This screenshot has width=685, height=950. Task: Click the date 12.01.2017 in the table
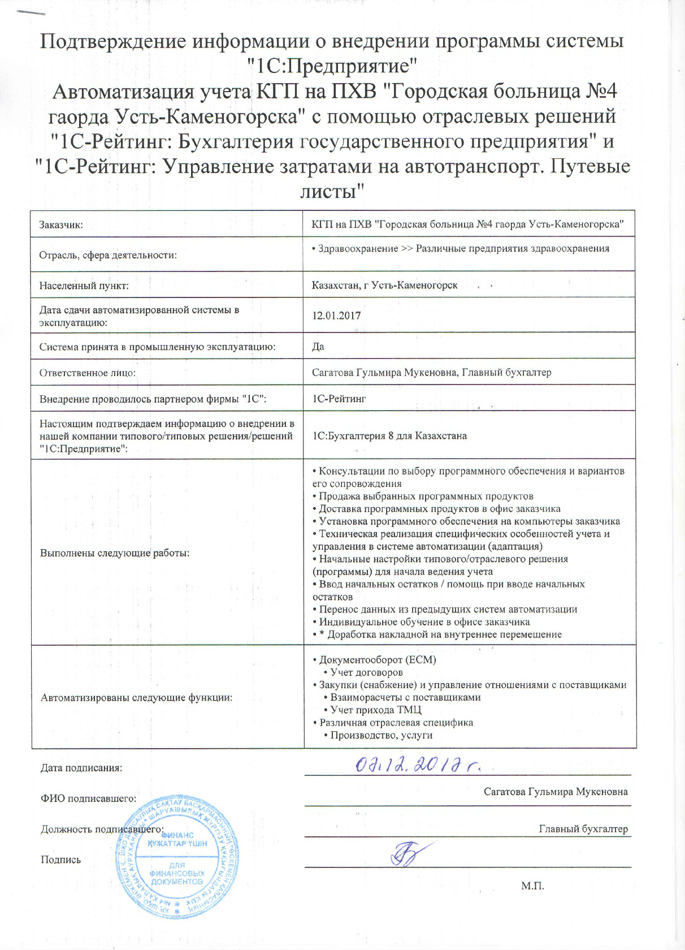(x=336, y=316)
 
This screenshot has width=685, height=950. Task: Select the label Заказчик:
(x=61, y=224)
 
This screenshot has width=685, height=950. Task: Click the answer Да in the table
(x=318, y=346)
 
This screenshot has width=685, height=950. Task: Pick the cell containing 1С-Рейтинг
(x=339, y=399)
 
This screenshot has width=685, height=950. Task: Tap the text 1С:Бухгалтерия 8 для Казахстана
(x=389, y=435)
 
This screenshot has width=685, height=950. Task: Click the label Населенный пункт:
(x=84, y=286)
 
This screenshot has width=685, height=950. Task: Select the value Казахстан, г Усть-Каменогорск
(x=384, y=285)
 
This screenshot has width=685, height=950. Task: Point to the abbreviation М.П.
(x=532, y=886)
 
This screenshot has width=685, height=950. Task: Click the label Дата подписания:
(x=81, y=768)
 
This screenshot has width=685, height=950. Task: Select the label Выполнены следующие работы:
(x=115, y=552)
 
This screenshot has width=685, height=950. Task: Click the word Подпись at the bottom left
(x=60, y=860)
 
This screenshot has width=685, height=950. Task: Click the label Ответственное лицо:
(x=87, y=373)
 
